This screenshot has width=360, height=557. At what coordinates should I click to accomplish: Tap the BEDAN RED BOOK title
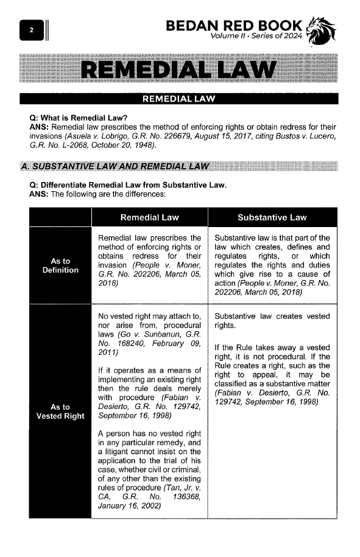click(x=234, y=26)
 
